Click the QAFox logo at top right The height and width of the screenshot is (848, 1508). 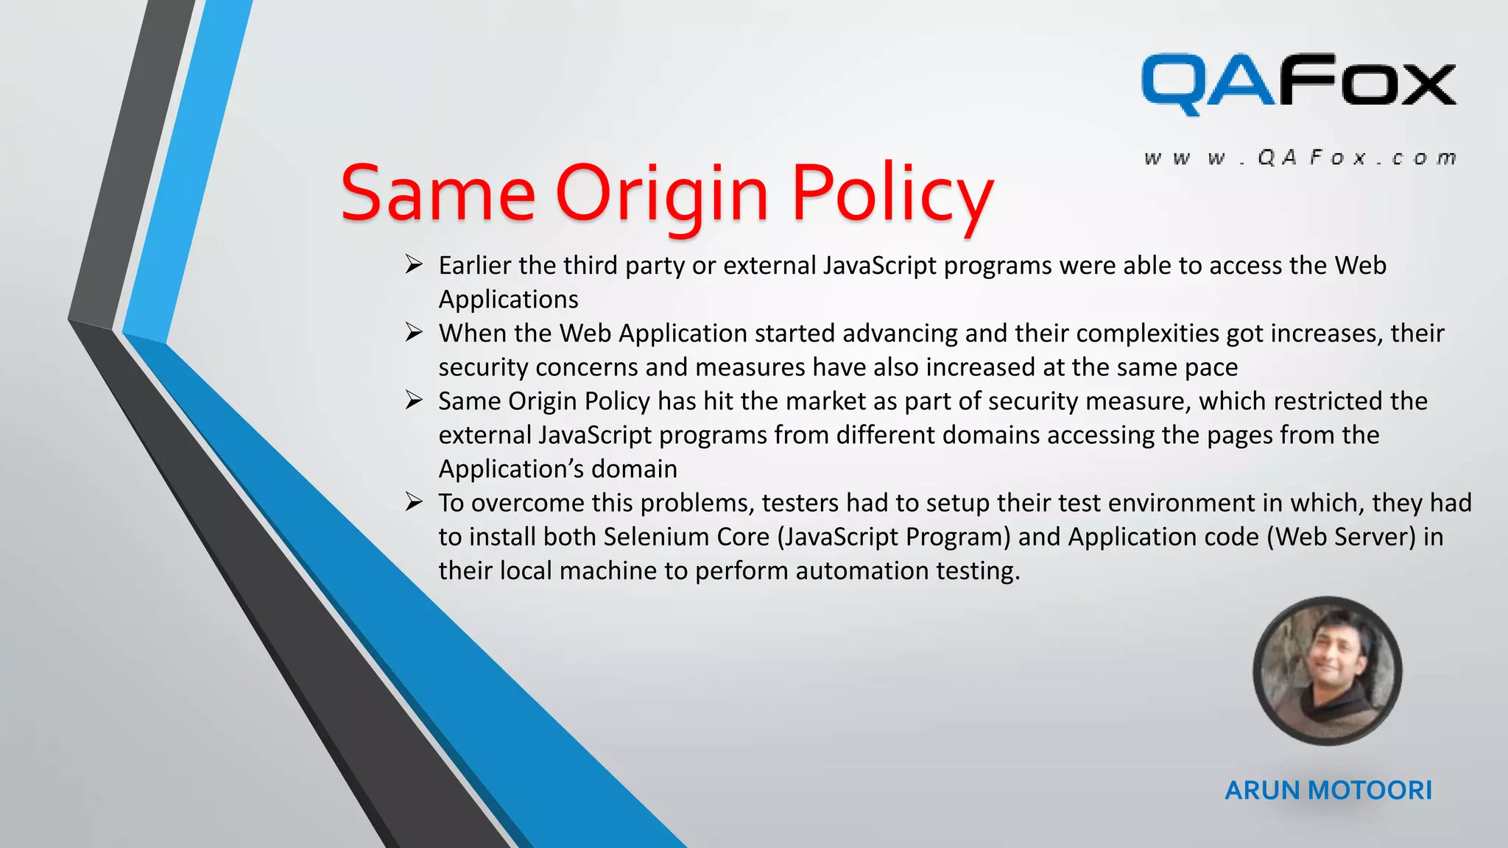1298,84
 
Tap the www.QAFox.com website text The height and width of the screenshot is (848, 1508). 1300,158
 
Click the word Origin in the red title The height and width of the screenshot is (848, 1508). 662,194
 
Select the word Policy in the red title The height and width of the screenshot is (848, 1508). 892,194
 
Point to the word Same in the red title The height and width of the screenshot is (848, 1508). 437,194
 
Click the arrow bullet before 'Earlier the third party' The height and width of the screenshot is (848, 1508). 414,264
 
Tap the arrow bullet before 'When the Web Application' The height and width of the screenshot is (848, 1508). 414,333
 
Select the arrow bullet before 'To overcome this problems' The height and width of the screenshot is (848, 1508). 414,502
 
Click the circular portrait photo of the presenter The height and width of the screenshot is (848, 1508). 1327,671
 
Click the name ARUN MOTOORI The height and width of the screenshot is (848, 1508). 1328,791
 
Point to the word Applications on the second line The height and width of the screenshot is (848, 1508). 508,300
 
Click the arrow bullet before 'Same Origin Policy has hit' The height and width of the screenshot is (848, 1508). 414,400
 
